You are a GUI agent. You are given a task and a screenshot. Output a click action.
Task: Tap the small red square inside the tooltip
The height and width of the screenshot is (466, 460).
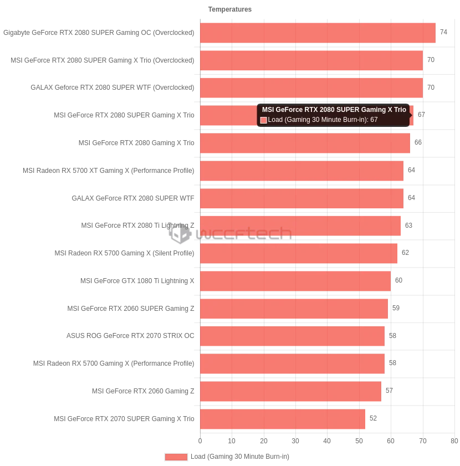264,120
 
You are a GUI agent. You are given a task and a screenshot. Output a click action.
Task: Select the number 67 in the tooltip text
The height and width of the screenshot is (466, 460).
374,120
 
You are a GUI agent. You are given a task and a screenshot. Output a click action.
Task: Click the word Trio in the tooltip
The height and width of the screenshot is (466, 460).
399,110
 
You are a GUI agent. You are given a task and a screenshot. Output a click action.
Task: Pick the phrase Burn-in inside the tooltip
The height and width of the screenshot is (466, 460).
351,120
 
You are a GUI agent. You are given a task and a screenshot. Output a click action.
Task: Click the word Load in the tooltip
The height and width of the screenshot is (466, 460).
275,120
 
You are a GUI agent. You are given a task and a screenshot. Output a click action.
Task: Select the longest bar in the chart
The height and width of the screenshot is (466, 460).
318,33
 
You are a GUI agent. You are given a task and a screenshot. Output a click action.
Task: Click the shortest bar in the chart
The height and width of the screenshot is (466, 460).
283,419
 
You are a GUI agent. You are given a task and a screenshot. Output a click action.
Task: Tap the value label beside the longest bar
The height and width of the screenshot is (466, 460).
442,31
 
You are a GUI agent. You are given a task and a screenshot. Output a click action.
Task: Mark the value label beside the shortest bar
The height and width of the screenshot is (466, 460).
372,417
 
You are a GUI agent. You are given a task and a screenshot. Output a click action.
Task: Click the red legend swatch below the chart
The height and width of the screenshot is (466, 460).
176,457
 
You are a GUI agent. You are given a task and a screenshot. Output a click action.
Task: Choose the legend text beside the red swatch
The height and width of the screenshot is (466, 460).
241,457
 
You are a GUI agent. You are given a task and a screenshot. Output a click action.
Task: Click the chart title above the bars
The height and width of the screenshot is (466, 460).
228,9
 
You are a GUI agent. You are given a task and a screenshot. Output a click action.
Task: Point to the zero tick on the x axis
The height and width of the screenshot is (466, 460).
200,439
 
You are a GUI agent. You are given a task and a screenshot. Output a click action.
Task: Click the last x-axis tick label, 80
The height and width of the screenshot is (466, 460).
454,439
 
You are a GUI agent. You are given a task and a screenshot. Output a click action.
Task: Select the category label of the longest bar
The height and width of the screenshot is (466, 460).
98,33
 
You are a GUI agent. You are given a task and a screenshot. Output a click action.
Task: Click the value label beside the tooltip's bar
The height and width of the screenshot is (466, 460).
422,115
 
